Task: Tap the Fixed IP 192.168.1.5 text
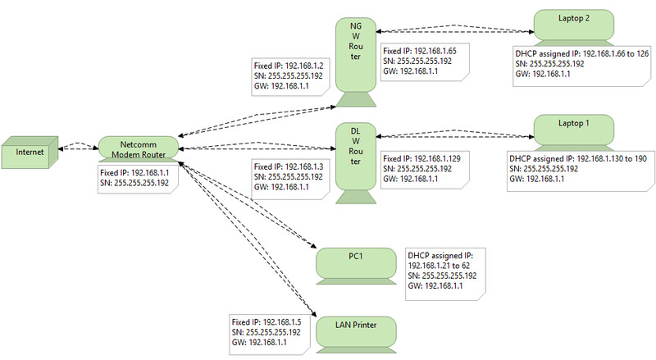click(x=266, y=321)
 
